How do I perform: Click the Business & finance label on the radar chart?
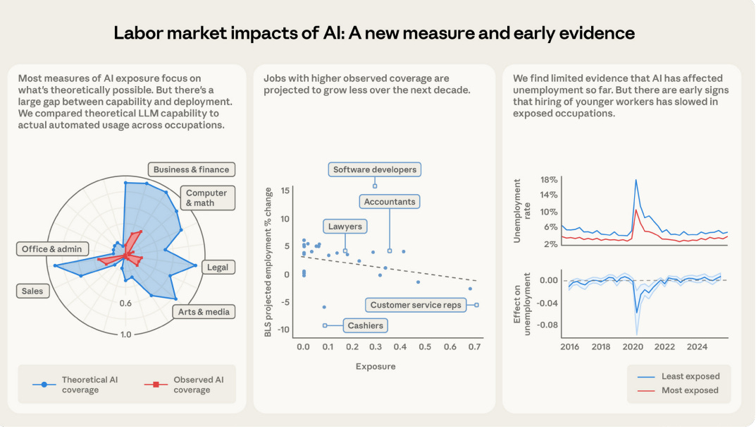point(191,169)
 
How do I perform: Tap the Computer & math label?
point(206,198)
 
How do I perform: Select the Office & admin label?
point(51,248)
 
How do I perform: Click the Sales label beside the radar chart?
point(32,291)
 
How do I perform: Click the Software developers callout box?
point(375,169)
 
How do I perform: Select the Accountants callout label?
point(390,202)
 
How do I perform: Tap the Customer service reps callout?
point(416,305)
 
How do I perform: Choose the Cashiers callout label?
point(366,325)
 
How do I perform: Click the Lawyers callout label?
point(345,227)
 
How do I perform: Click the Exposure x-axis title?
point(375,366)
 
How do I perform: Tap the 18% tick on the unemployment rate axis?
point(549,180)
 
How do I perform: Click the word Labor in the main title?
point(138,32)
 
